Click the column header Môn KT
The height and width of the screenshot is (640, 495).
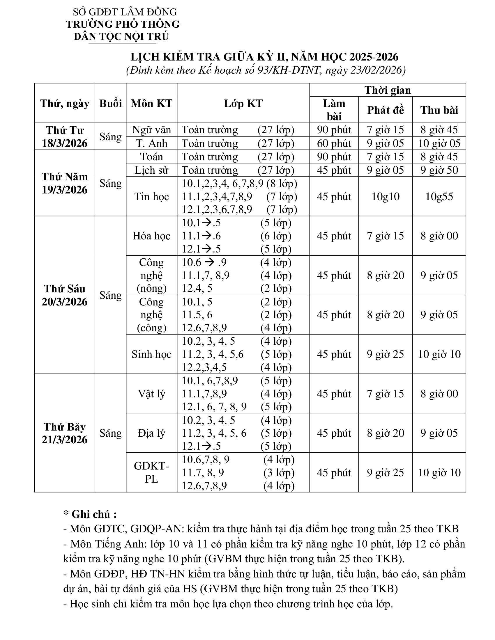click(x=151, y=104)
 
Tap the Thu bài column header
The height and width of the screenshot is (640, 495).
click(x=439, y=110)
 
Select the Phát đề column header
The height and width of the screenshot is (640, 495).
click(x=385, y=110)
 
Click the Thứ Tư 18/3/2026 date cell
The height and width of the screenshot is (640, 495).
click(x=65, y=136)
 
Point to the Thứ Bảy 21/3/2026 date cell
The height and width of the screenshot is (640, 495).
click(x=65, y=433)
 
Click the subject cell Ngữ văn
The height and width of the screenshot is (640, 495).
click(x=151, y=129)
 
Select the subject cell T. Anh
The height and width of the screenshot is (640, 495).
click(x=151, y=143)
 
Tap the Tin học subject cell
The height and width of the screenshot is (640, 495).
click(x=151, y=196)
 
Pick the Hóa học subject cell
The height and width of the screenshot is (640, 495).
click(x=151, y=236)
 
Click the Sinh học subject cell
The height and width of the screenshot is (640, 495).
click(x=151, y=354)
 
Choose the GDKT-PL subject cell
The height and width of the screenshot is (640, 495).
click(x=151, y=472)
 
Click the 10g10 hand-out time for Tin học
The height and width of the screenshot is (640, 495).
click(x=385, y=196)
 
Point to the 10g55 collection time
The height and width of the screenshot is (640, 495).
click(x=439, y=196)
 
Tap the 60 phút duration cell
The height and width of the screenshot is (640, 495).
click(x=334, y=143)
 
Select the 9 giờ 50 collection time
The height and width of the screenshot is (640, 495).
click(x=439, y=170)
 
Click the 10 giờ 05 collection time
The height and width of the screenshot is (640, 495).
click(x=439, y=143)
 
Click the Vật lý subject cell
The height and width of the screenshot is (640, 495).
click(x=151, y=394)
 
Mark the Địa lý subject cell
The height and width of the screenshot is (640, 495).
click(x=151, y=433)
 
